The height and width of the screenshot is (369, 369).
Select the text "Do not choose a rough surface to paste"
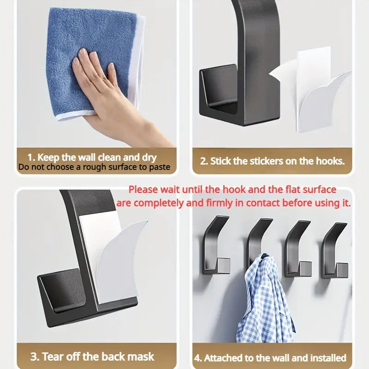(x=95, y=167)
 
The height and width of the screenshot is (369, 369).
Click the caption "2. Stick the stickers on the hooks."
(x=273, y=161)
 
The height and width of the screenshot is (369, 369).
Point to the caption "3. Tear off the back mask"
(x=92, y=356)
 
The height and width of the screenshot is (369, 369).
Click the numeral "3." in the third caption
(x=35, y=356)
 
